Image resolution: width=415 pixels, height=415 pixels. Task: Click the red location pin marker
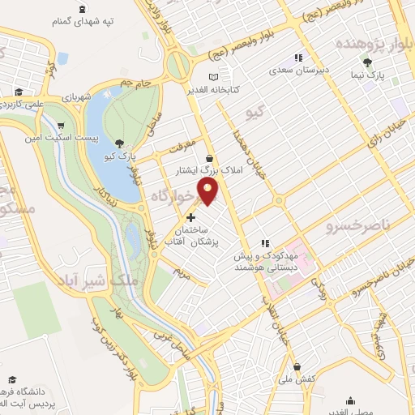pos(210,191)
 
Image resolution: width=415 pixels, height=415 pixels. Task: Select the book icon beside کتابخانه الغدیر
pos(214,77)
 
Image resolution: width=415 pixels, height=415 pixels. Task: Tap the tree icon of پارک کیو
pos(120,143)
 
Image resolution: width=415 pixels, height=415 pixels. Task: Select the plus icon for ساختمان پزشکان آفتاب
pos(191,217)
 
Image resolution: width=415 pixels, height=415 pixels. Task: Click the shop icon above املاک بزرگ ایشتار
pos(210,159)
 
